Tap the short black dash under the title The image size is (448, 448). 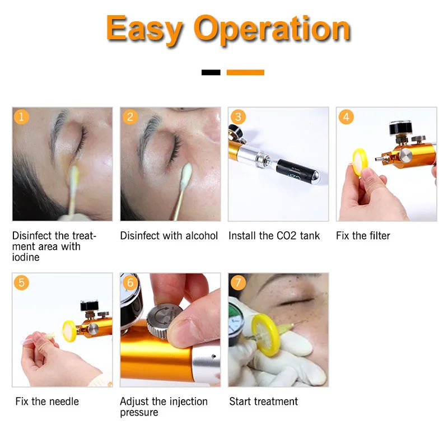tap(211, 72)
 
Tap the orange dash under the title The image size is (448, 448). tap(245, 72)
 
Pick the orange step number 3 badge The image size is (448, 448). tap(238, 116)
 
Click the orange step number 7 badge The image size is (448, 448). tap(238, 282)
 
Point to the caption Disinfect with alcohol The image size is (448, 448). tap(169, 236)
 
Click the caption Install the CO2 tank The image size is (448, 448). tap(274, 236)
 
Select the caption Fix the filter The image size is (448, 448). tap(363, 236)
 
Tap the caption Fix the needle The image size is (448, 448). tap(47, 402)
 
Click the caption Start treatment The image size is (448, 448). tap(263, 402)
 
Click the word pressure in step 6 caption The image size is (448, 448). tap(139, 413)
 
